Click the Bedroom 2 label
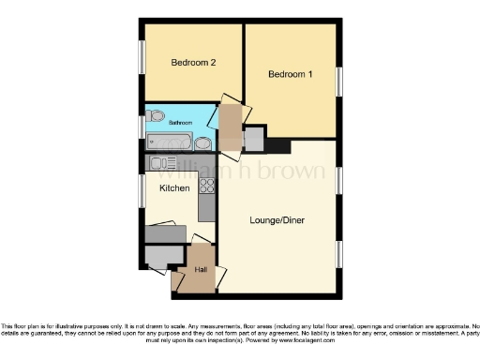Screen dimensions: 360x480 coord(193,63)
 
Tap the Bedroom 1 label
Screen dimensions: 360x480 coord(290,74)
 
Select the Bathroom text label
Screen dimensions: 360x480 coord(180,123)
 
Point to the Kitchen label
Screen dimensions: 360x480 coord(173,188)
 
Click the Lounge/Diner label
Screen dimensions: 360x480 coord(277,220)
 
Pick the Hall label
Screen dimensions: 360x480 coord(201,270)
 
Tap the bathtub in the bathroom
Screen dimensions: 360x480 coord(171,142)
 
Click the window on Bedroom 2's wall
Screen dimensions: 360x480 coord(143,54)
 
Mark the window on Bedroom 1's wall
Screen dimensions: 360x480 coord(339,79)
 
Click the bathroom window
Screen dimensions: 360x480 coord(143,125)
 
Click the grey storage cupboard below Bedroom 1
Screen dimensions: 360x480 coord(253,139)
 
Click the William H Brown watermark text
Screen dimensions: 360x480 coord(240,172)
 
